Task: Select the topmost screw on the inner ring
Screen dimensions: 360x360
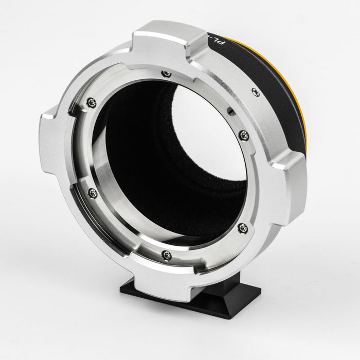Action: pos(164,75)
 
